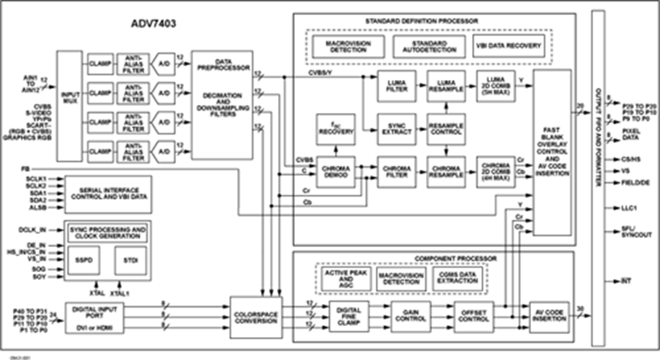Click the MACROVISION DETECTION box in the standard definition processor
tap(347, 46)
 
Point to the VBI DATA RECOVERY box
tap(508, 46)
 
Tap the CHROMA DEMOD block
tap(335, 172)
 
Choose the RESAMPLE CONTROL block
tap(447, 130)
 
